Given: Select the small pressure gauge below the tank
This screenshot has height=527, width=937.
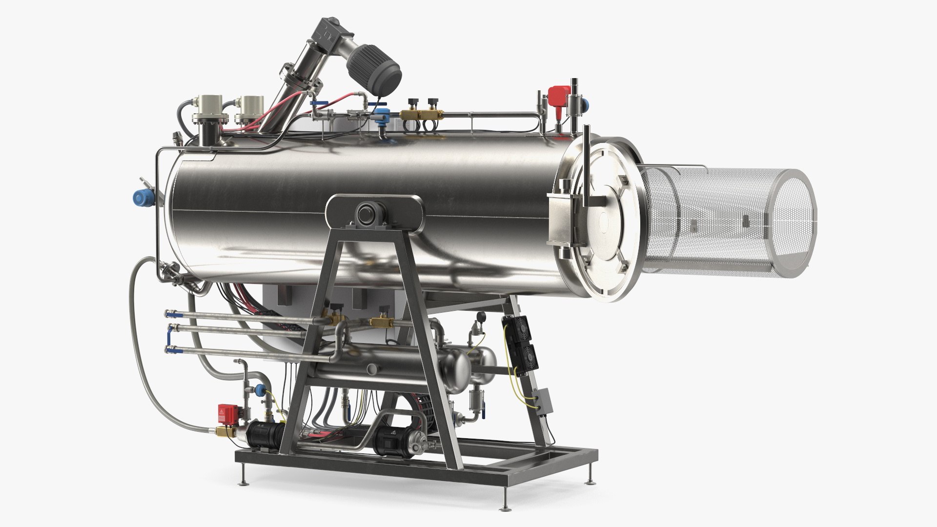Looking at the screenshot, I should point(482,317).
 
